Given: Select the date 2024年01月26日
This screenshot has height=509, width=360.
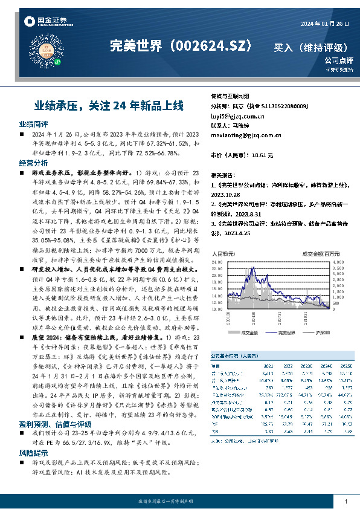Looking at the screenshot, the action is point(324,24).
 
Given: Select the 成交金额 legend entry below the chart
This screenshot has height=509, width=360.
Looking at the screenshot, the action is point(248,332).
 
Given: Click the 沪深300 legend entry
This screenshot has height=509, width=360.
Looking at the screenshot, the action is point(321,332).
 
